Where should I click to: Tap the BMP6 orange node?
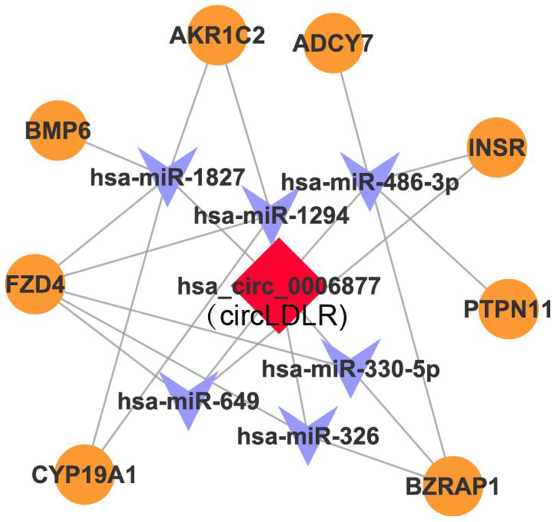(x=57, y=131)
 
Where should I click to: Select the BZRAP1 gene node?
(x=452, y=486)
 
